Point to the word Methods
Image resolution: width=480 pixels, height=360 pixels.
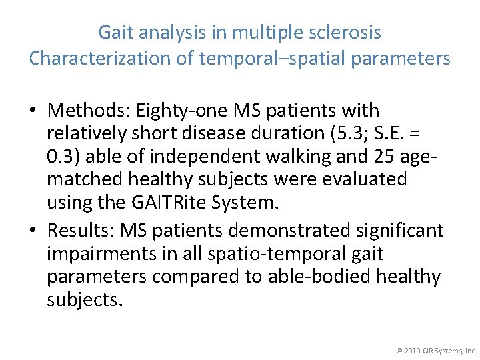point(87,109)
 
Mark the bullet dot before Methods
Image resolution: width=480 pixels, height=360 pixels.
point(33,110)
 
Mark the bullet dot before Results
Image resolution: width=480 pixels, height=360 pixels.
point(33,231)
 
